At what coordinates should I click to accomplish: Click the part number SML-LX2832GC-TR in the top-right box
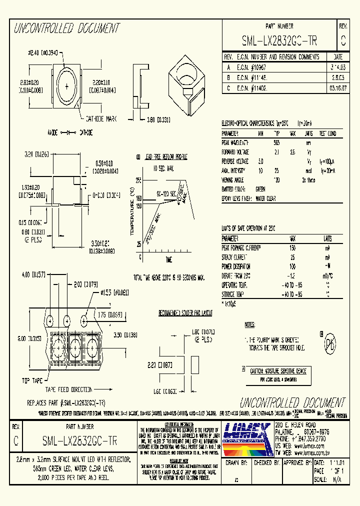tap(279, 40)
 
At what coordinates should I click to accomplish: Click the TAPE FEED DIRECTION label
tap(68, 389)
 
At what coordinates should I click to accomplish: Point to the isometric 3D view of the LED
tap(187, 82)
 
